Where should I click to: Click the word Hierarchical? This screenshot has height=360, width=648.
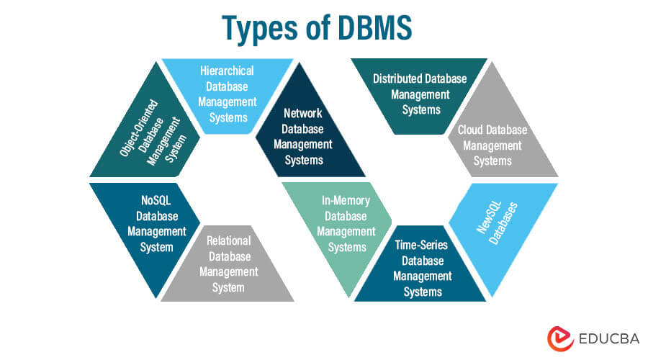[x=227, y=70]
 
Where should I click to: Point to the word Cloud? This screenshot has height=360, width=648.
[x=472, y=130]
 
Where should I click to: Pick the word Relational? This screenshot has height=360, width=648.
[x=228, y=241]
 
